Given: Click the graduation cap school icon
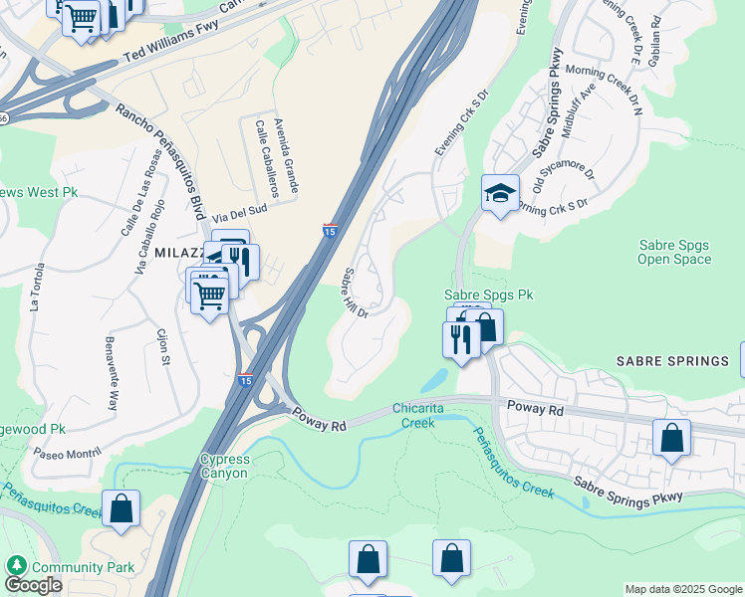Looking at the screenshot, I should tap(500, 193).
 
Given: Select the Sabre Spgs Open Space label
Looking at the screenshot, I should tap(674, 252).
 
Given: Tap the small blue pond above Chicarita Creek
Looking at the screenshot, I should tap(434, 380).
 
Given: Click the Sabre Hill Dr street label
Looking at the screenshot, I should tap(356, 293).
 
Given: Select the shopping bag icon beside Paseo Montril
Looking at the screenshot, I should tap(122, 508).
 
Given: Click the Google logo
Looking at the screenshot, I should tap(33, 585).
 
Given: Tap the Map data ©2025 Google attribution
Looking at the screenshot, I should tap(683, 589).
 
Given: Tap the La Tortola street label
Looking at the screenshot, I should tap(38, 288).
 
